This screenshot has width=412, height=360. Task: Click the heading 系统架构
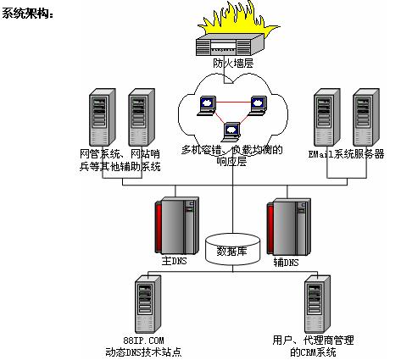tap(27, 14)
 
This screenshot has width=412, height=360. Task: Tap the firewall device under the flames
tap(230, 45)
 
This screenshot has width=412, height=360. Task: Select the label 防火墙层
tap(233, 64)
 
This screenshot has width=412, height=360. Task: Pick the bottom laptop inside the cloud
tap(231, 132)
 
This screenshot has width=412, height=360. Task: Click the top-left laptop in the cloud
tap(207, 106)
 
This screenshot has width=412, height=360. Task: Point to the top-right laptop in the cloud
tap(257, 106)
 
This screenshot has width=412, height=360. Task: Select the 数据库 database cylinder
tap(232, 249)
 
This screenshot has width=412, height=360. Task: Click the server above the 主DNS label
tap(177, 225)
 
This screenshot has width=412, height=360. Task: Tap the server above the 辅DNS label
tap(289, 227)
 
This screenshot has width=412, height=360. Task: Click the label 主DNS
tap(174, 261)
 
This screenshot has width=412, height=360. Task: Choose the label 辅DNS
tap(286, 263)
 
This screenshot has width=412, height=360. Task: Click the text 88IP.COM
tap(143, 341)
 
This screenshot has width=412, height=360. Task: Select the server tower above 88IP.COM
tap(148, 304)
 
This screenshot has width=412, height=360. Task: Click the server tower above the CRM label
tap(317, 304)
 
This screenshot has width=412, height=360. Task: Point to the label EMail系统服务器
tap(346, 154)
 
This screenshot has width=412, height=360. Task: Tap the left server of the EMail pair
tap(326, 118)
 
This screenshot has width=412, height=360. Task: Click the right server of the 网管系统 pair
tap(142, 118)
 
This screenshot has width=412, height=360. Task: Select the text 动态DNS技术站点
tap(143, 352)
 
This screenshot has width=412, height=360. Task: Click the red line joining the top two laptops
tap(233, 102)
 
